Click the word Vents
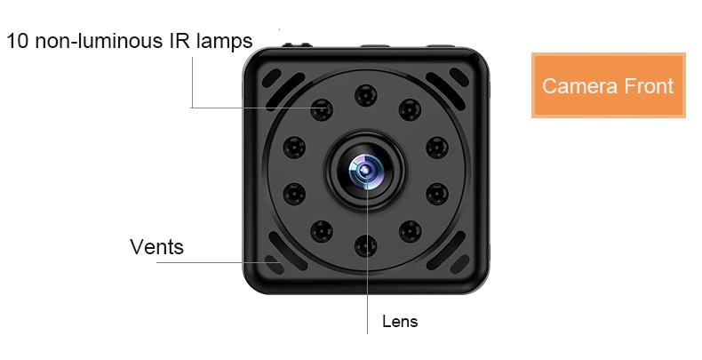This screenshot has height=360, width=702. [x=156, y=247]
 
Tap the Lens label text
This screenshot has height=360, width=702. [x=400, y=321]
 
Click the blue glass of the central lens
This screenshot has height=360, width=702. [x=366, y=170]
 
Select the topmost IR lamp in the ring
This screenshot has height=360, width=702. [x=366, y=95]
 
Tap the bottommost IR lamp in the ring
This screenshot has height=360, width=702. [x=366, y=246]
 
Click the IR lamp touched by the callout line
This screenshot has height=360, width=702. [x=322, y=109]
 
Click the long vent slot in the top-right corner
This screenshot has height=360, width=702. [x=445, y=91]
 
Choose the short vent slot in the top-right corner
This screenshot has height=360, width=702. [x=459, y=77]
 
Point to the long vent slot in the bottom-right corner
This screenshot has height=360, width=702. [x=445, y=251]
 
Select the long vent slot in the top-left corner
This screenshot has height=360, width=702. [x=285, y=92]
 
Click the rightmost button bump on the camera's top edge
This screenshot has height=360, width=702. [x=441, y=45]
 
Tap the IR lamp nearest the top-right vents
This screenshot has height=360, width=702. [x=410, y=109]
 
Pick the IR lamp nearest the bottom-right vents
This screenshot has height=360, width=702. [x=410, y=231]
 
